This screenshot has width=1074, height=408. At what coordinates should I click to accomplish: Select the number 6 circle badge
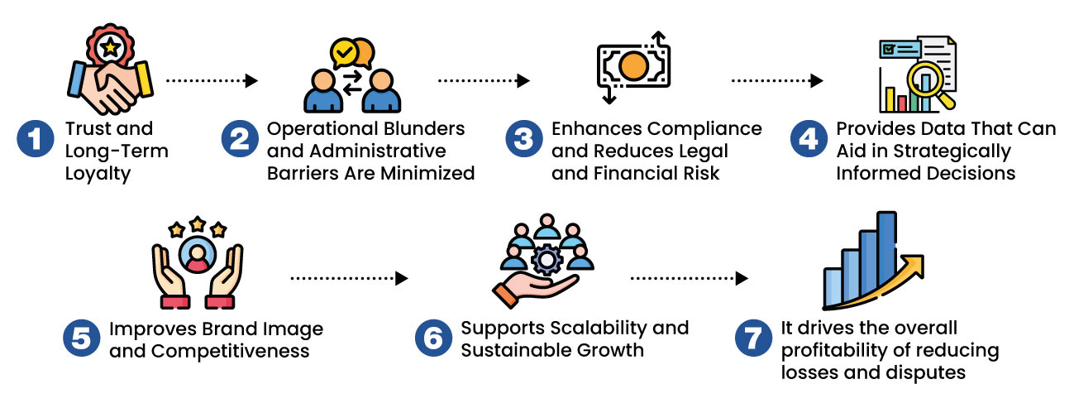point(430,339)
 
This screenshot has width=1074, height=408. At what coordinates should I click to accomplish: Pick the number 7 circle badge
point(751,339)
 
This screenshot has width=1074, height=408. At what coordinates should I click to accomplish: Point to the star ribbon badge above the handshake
point(108,48)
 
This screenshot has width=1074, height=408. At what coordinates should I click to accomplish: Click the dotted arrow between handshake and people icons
point(212,81)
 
